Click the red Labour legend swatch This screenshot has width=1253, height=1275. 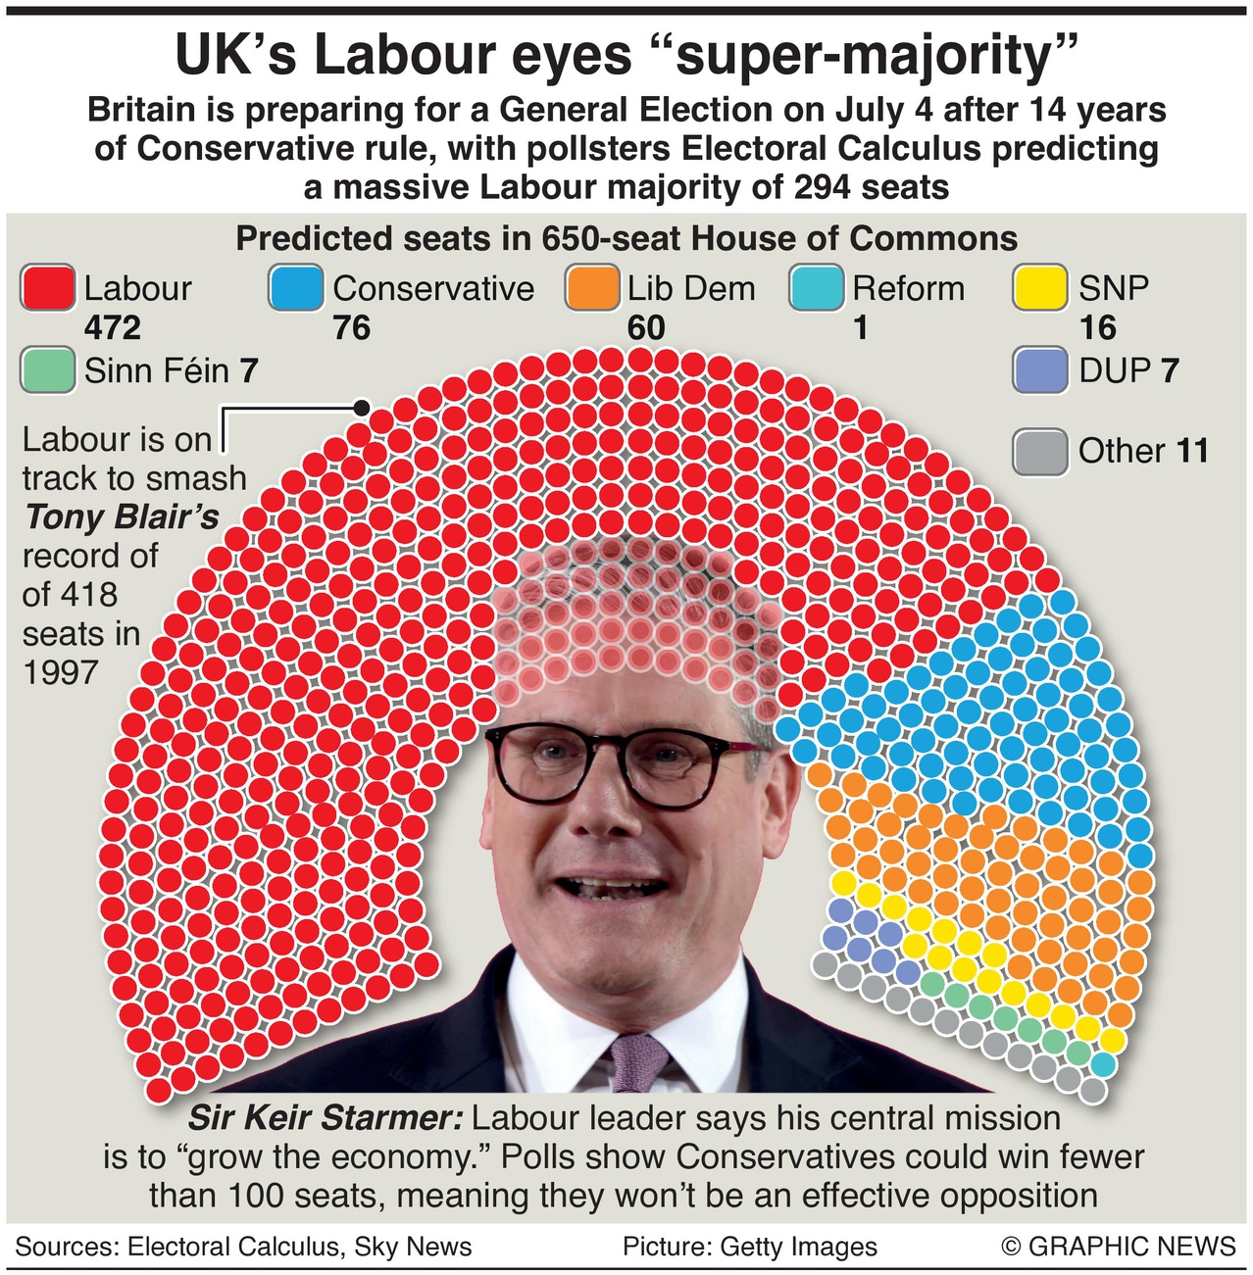tap(47, 289)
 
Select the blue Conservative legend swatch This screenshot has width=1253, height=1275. tap(296, 289)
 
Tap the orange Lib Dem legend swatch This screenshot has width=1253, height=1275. tap(592, 289)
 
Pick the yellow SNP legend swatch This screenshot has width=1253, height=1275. tap(1040, 289)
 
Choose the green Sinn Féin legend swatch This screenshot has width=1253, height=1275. tap(47, 370)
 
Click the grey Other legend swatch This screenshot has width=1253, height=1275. tap(1040, 452)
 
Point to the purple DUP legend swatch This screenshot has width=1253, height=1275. tap(1040, 370)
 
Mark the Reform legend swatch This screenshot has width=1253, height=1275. tap(816, 289)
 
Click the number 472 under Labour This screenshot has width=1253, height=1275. tap(113, 327)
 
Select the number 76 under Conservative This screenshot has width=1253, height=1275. tap(352, 327)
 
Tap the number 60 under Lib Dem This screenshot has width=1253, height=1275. tap(646, 327)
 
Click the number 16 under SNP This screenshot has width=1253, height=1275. tap(1097, 327)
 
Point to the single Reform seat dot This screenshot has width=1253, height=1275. tap(1103, 1064)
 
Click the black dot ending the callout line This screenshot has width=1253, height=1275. tap(361, 407)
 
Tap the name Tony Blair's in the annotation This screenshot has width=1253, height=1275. tap(122, 516)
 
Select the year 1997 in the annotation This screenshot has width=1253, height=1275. tap(61, 672)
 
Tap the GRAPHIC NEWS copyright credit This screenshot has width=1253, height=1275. tap(1118, 1246)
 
